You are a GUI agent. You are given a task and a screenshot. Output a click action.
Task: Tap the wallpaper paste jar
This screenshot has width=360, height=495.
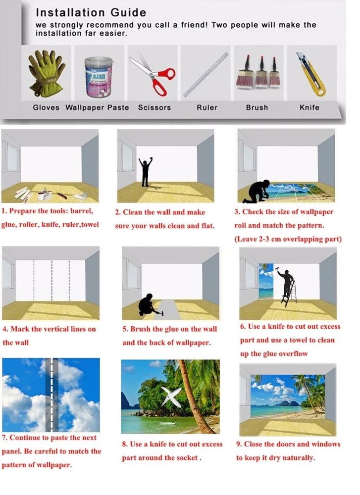(99, 77)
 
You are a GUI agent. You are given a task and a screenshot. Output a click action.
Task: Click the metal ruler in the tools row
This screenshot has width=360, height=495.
(206, 75)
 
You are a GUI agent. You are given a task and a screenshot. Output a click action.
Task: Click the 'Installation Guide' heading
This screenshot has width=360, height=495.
(91, 12)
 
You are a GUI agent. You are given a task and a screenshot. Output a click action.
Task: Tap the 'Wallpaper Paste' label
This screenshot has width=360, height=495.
(97, 107)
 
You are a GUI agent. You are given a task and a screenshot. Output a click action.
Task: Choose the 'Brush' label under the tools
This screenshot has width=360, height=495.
(257, 107)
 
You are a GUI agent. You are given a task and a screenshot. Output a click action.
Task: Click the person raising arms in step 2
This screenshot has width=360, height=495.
(145, 172)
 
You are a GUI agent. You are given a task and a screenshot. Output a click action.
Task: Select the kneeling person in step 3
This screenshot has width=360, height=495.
(257, 191)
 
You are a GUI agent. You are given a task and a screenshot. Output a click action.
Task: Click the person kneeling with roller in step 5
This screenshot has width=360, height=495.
(148, 305)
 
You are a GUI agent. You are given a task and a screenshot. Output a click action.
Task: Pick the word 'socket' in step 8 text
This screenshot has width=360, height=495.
(187, 458)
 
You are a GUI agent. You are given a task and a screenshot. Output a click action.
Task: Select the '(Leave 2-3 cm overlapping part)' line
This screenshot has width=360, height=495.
(288, 239)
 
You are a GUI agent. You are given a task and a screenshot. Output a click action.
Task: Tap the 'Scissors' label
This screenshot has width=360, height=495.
(154, 107)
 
